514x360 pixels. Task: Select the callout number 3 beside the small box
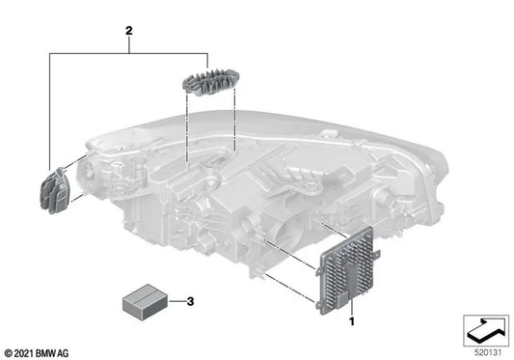pyautogui.click(x=189, y=302)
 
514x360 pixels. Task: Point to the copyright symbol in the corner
pyautogui.click(x=9, y=351)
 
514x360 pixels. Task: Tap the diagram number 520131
pyautogui.click(x=486, y=350)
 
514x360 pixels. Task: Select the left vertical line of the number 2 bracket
pyautogui.click(x=50, y=106)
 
